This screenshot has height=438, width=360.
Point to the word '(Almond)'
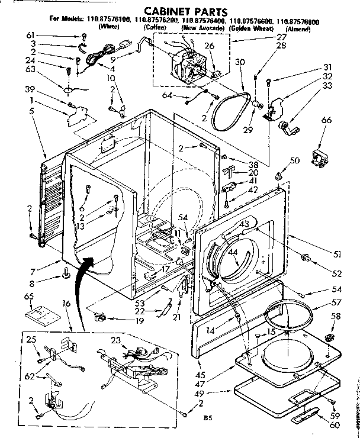(298, 28)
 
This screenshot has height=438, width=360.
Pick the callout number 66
(325, 121)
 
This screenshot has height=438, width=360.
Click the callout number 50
(294, 161)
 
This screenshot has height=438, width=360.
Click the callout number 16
(65, 303)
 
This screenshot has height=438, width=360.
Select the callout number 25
(31, 339)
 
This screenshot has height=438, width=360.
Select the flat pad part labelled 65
(41, 311)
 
